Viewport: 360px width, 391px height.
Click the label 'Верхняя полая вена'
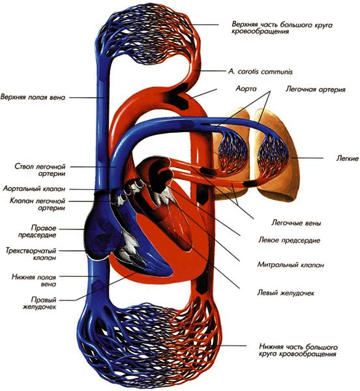pyautogui.click(x=33, y=97)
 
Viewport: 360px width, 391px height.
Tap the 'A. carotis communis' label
pyautogui.click(x=260, y=72)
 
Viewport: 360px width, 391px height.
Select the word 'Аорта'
pyautogui.click(x=246, y=89)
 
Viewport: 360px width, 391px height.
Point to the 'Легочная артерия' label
pyautogui.click(x=316, y=89)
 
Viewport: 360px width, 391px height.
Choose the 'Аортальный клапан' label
pyautogui.click(x=34, y=189)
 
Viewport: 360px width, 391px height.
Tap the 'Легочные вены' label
pyautogui.click(x=296, y=223)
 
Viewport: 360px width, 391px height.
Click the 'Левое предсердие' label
pyautogui.click(x=289, y=240)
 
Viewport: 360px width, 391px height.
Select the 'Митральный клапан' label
pyautogui.click(x=291, y=265)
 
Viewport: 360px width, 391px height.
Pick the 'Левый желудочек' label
pyautogui.click(x=286, y=293)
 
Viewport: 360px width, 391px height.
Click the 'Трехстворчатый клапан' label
pyautogui.click(x=31, y=254)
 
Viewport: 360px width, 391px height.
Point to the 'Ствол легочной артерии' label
pyautogui.click(x=40, y=170)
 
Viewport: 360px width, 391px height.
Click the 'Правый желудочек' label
pyautogui.click(x=39, y=303)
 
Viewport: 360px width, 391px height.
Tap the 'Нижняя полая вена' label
pyautogui.click(x=34, y=280)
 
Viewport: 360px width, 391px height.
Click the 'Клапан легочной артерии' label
pyautogui.click(x=37, y=204)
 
